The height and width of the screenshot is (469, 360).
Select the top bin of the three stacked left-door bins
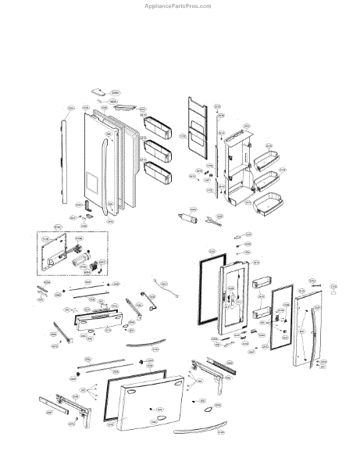159,124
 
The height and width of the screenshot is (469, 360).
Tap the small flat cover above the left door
99,91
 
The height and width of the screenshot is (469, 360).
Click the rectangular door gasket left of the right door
205,299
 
